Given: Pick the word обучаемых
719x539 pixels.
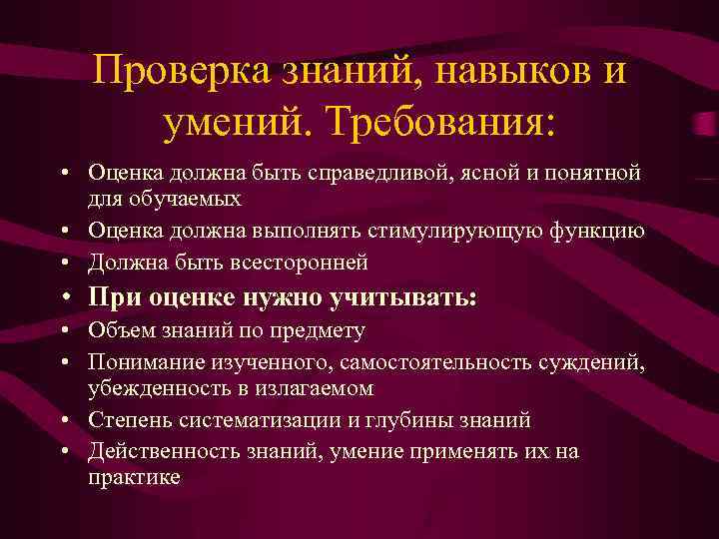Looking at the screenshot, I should click(x=183, y=199).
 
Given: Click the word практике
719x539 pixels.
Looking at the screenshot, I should click(x=134, y=477).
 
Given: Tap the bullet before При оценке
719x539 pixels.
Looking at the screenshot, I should click(x=65, y=297).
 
